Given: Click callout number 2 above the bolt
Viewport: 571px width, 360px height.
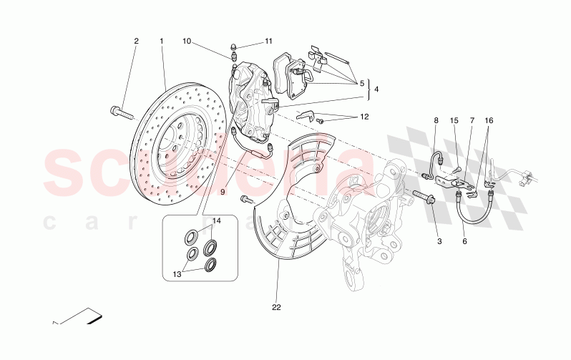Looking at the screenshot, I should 136,41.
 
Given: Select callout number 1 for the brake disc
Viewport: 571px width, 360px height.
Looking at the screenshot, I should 162,41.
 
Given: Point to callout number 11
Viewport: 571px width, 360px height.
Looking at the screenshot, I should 269,42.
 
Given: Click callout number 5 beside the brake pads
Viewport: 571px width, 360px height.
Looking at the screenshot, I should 362,82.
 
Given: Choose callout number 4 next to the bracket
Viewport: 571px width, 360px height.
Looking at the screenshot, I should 377,89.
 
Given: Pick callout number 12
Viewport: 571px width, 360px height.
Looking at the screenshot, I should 364,116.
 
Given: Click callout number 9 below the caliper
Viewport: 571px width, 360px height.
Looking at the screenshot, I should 223,192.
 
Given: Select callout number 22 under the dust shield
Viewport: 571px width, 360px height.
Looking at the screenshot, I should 276,308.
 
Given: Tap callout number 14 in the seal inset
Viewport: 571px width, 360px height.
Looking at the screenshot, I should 216,220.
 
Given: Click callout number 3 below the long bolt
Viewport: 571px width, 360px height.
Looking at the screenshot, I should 440,243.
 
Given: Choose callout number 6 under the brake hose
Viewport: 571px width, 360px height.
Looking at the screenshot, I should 464,243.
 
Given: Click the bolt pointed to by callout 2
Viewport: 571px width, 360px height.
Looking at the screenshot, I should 123,112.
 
